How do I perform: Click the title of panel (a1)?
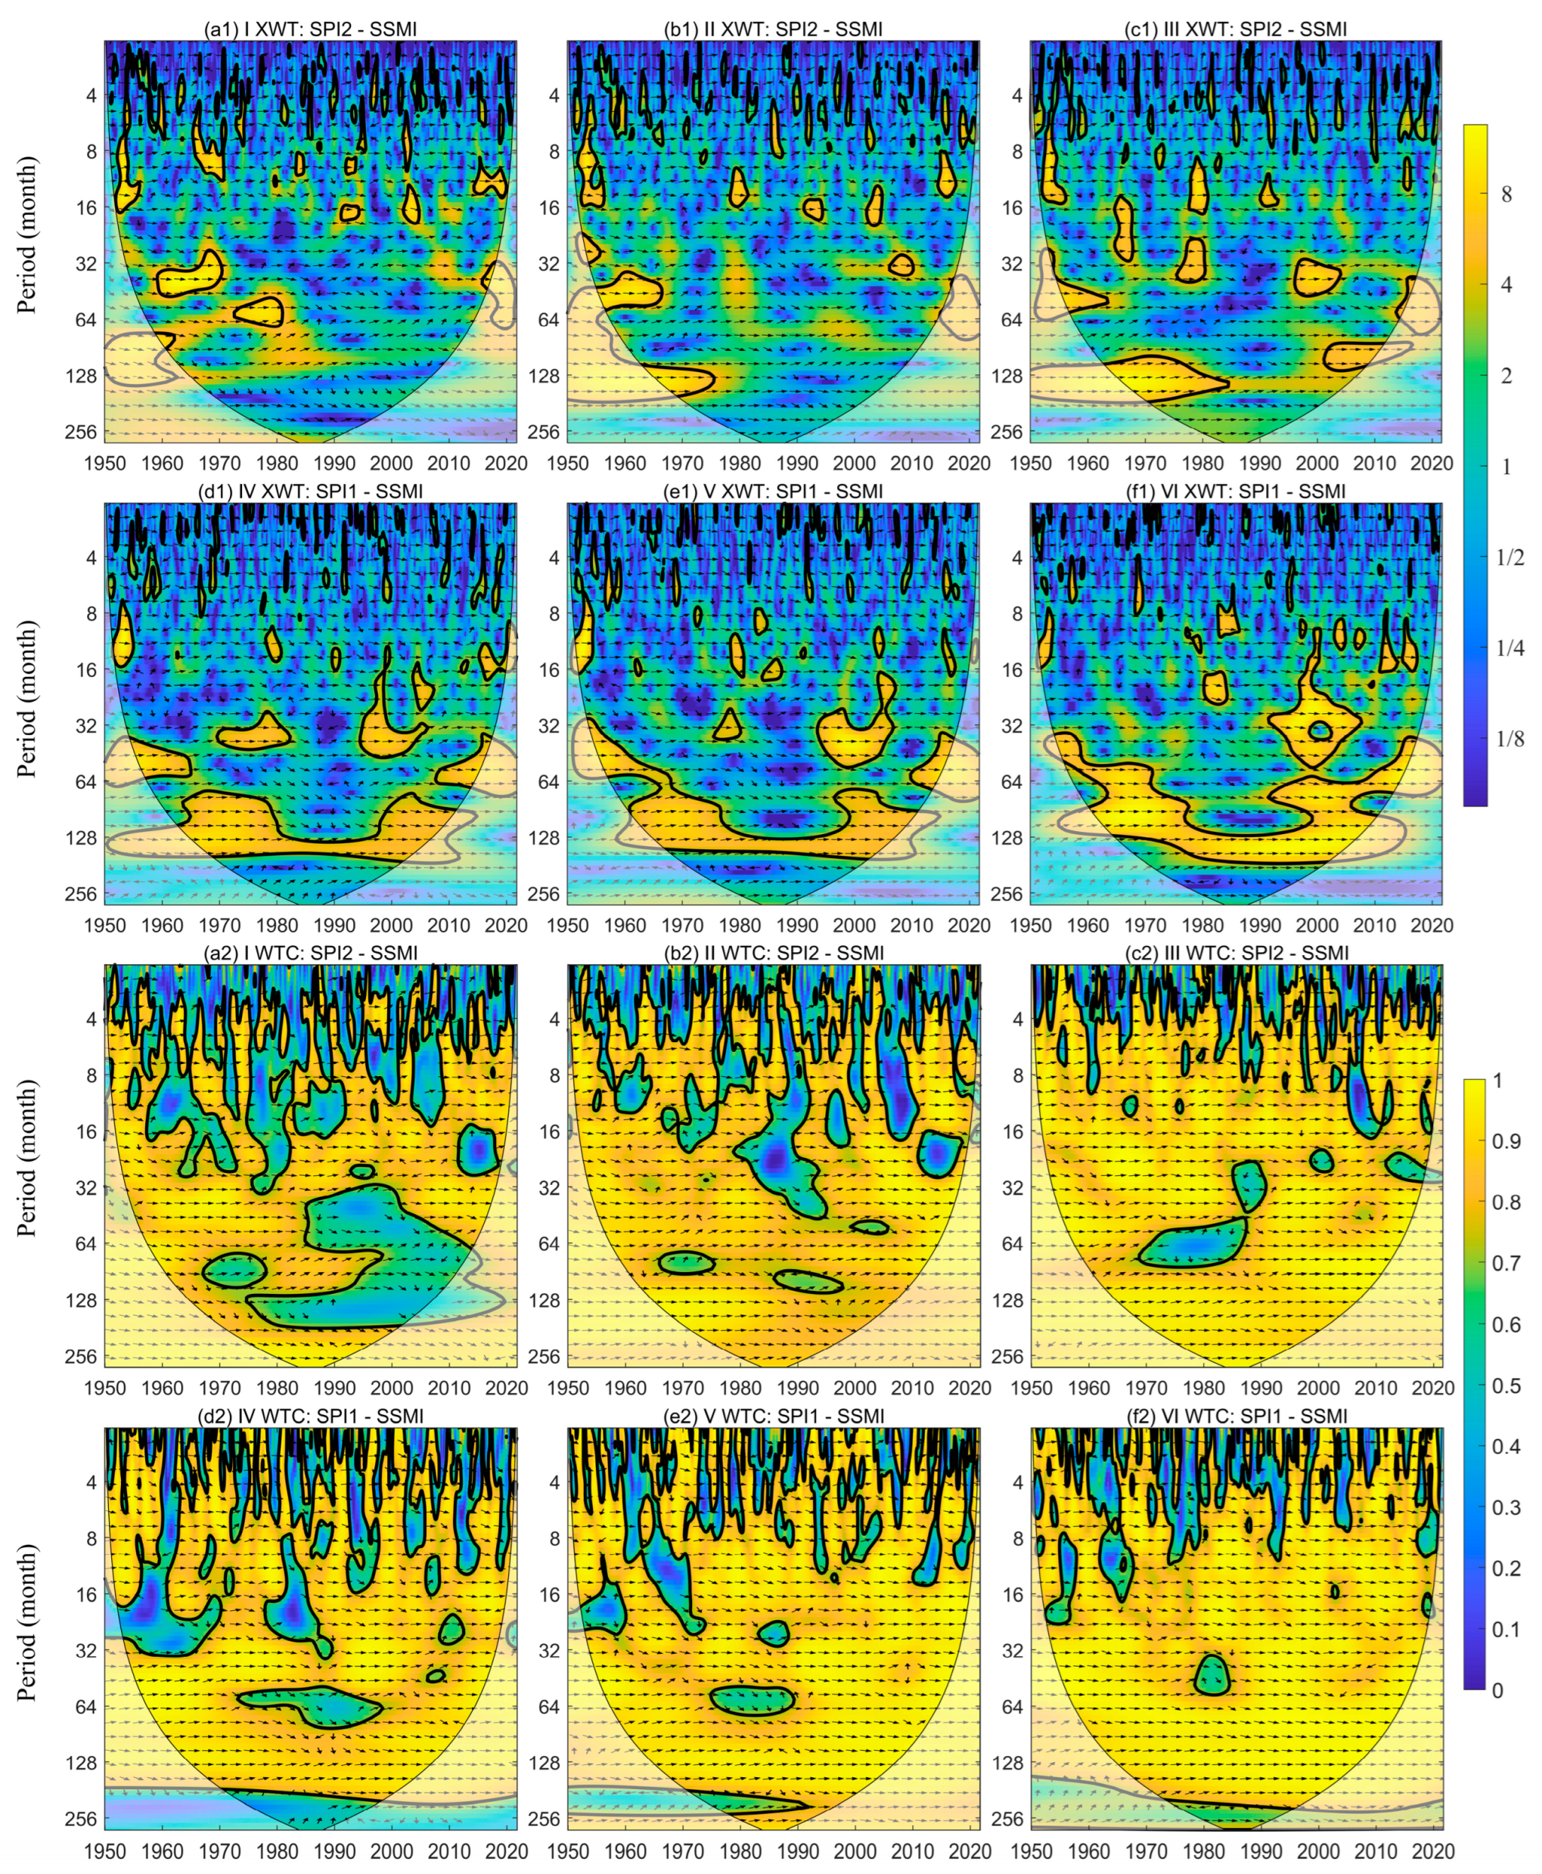tap(310, 29)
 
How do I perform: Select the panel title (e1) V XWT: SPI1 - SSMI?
tap(773, 491)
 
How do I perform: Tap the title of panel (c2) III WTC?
tap(1236, 953)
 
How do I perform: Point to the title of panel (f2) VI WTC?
tap(1236, 1416)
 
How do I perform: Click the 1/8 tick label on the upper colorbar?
tap(1511, 739)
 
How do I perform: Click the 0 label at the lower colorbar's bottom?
tap(1498, 1690)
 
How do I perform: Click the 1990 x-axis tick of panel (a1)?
tap(334, 463)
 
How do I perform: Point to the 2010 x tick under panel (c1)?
tap(1374, 463)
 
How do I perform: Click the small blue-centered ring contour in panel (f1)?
tap(1320, 730)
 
